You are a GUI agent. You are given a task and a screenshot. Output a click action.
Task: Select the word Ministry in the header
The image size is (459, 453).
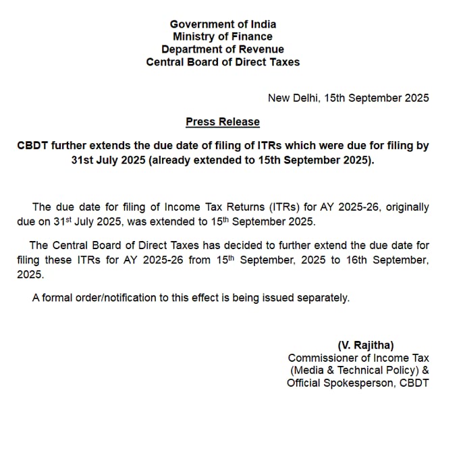[194, 36]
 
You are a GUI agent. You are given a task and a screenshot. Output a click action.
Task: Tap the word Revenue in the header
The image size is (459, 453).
[261, 49]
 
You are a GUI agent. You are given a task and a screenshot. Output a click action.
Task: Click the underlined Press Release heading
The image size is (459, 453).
[223, 122]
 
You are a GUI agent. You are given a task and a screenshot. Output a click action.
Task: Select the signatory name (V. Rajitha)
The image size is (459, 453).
[365, 345]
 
